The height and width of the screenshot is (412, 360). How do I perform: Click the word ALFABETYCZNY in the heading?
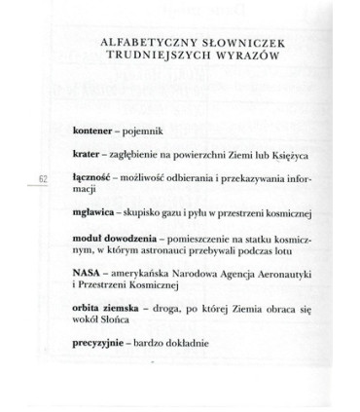[144, 43]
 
